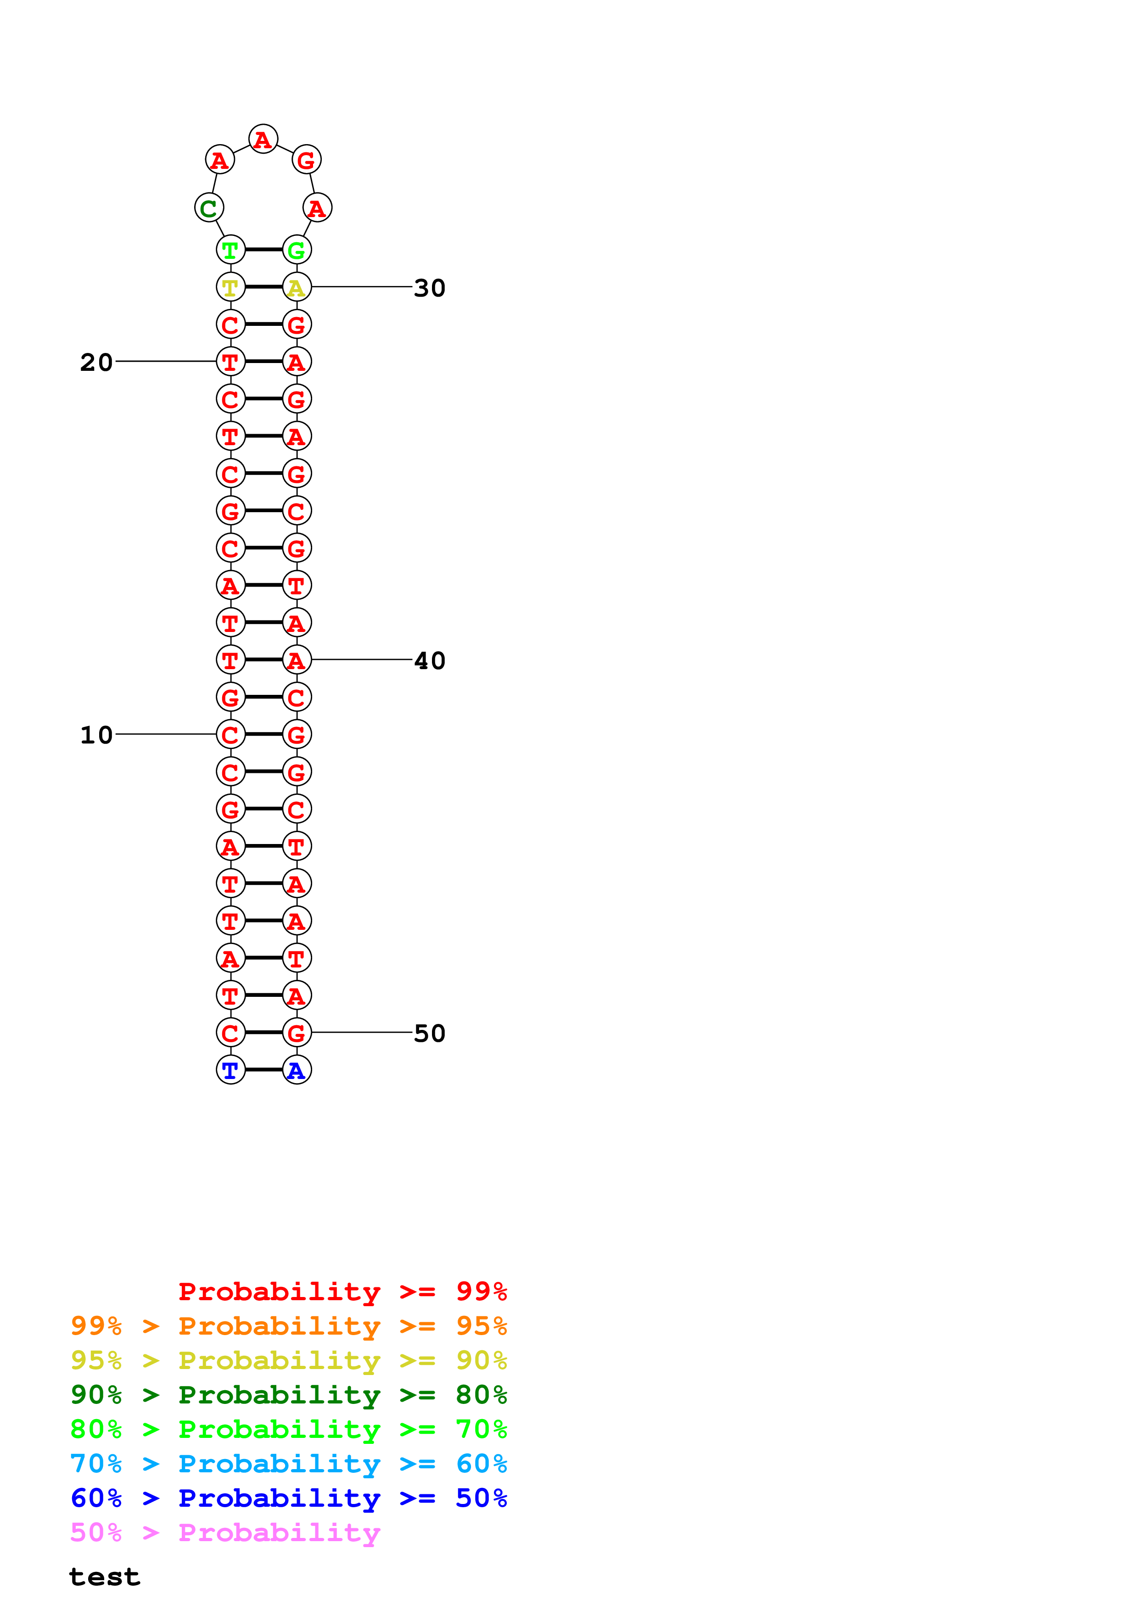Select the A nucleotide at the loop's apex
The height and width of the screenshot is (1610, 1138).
coord(263,139)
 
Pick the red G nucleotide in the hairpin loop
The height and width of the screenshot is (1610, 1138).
coord(306,160)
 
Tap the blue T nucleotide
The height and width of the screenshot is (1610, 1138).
coord(231,1070)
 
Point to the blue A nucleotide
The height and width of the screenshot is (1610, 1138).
coord(297,1070)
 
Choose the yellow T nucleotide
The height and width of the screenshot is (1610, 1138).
coord(231,287)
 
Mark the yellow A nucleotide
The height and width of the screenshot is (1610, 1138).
coord(297,287)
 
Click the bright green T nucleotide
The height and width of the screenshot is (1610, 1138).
coord(231,250)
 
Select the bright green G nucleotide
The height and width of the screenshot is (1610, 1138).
coord(297,250)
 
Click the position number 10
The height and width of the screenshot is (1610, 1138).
coord(96,735)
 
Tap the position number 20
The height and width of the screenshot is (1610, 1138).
coord(96,362)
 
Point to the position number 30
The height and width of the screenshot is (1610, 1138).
coord(429,287)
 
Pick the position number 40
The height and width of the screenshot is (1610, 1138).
coord(429,660)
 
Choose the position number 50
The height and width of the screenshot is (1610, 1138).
coord(429,1033)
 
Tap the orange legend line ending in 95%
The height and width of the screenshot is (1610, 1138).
coord(288,1325)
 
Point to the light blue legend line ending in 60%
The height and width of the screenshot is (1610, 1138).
coord(288,1464)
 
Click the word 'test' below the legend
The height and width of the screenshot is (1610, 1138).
coord(105,1577)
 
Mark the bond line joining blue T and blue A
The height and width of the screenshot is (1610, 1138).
coord(263,1070)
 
